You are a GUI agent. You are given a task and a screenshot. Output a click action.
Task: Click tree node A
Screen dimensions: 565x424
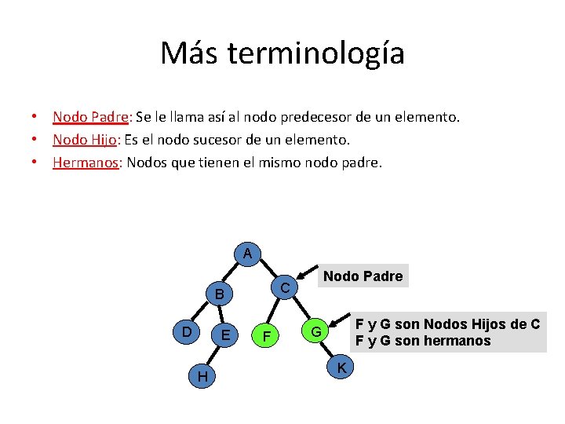point(247,254)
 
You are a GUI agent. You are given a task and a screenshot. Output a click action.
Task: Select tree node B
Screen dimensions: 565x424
point(221,295)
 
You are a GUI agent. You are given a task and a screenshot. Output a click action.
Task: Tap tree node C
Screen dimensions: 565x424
point(286,288)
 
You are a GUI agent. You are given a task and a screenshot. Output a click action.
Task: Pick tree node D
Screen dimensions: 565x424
point(186,332)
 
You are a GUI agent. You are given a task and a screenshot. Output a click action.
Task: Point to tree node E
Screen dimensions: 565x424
point(225,335)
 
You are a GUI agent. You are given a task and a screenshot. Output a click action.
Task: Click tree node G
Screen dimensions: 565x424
point(315,332)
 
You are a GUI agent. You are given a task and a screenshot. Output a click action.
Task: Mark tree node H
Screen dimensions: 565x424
point(202,378)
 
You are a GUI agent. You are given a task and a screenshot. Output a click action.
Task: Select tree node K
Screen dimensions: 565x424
point(341,367)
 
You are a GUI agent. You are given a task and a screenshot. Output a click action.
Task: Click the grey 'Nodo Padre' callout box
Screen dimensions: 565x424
point(363,276)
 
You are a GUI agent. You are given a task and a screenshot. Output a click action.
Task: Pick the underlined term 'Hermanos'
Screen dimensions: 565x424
point(86,163)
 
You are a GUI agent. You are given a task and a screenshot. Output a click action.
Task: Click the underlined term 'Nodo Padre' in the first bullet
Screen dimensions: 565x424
point(90,117)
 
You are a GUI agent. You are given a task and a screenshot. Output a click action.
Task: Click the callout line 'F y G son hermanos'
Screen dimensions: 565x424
point(422,341)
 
